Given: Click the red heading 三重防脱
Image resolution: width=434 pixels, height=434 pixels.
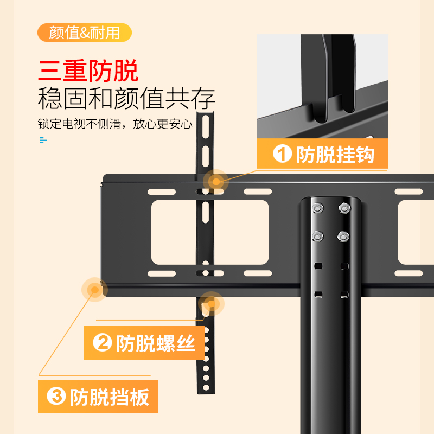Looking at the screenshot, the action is pos(88,72).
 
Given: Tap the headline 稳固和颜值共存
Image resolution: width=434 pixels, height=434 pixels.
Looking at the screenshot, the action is pos(126,99).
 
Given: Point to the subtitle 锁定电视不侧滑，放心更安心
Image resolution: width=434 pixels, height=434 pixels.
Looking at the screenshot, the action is pos(115,124).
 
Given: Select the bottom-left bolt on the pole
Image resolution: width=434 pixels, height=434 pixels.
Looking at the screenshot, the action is pos(317,236).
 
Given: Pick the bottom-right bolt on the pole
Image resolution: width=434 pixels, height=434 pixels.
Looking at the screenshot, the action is pos(343,236).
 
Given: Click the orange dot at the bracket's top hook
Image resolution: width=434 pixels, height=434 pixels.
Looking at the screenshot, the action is pos(216,182).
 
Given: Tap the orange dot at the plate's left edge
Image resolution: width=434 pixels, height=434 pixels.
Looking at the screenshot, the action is pos(95,290).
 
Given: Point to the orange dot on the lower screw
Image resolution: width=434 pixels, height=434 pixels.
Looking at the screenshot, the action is pos(210,304).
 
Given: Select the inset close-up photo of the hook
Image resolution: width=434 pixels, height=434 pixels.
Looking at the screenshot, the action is pos(322,87).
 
